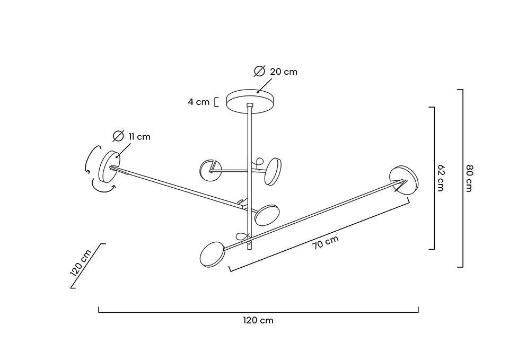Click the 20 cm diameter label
284,72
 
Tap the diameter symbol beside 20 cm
259,71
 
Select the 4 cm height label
198,102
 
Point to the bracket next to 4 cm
216,102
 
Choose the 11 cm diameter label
139,137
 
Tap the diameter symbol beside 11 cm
118,136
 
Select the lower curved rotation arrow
103,187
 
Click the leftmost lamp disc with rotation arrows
109,166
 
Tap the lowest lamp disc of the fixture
212,254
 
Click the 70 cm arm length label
325,242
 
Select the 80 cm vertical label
469,178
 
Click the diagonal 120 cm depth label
81,262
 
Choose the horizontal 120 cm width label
258,320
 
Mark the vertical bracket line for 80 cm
462,178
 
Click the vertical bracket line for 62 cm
434,178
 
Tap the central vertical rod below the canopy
249,138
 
